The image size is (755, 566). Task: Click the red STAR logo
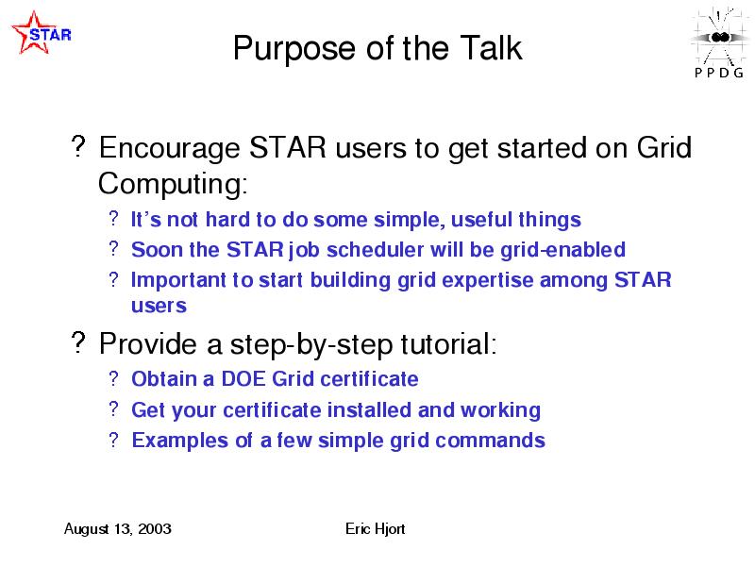[41, 33]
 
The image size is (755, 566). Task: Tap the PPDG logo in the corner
[719, 42]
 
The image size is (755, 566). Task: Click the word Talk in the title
[491, 48]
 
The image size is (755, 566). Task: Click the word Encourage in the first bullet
[169, 149]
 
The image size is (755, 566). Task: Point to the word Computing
[173, 184]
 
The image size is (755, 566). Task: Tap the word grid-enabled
[562, 251]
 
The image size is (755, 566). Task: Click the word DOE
[243, 379]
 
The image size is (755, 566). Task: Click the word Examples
[180, 441]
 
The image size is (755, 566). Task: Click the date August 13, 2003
[117, 529]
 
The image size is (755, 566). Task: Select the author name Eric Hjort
[375, 529]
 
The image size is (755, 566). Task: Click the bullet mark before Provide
[78, 342]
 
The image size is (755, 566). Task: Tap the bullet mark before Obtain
[113, 378]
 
